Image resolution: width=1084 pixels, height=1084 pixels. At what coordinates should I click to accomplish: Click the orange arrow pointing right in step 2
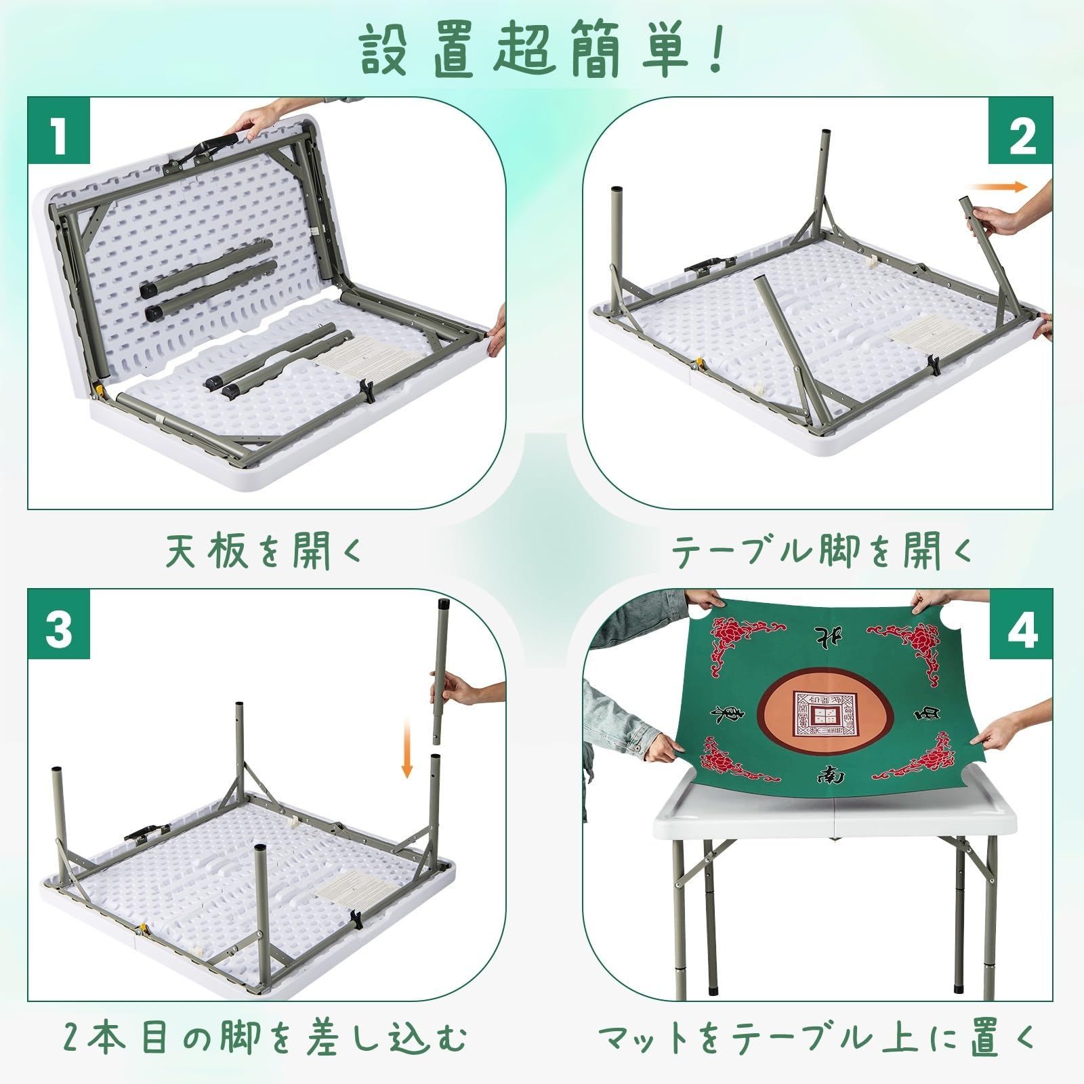tap(998, 188)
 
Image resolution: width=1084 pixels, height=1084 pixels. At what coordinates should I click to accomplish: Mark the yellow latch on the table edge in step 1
tap(98, 390)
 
